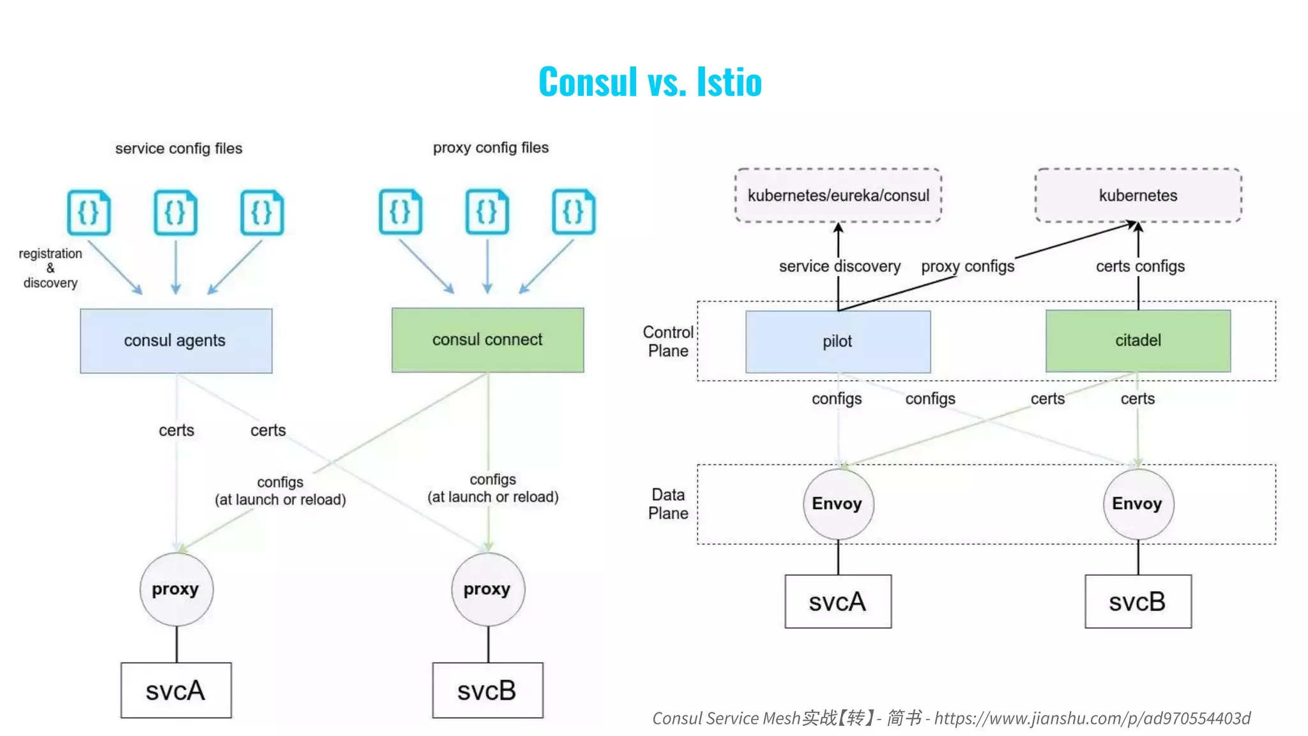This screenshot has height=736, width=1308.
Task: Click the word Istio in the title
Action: coord(729,82)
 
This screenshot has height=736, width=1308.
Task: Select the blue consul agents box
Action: coord(176,341)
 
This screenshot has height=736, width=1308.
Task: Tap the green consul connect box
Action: coord(487,340)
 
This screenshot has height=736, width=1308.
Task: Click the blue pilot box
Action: coord(837,342)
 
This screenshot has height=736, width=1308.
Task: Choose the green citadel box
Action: coord(1137,341)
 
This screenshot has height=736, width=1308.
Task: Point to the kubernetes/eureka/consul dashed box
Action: coord(838,195)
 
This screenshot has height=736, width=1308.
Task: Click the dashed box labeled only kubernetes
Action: coord(1137,195)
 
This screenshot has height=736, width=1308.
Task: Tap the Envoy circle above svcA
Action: coord(837,504)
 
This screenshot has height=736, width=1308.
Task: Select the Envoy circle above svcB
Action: coord(1137,504)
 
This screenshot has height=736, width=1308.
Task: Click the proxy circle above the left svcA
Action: coord(176,589)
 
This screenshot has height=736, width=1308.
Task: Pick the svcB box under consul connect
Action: coord(487,691)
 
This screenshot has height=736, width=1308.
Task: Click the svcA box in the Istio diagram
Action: coord(837,602)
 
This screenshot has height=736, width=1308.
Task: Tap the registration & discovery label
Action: coord(50,268)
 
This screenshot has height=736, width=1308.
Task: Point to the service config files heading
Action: coord(178,149)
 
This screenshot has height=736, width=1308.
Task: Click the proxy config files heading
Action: coord(490,148)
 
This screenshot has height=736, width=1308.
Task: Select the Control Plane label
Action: coord(667,342)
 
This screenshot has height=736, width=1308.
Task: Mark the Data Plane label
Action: coord(667,504)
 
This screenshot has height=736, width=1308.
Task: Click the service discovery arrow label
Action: coord(839,266)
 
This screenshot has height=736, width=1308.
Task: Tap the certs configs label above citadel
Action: coord(1140,266)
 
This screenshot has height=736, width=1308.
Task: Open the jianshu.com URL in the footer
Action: coord(1092,719)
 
